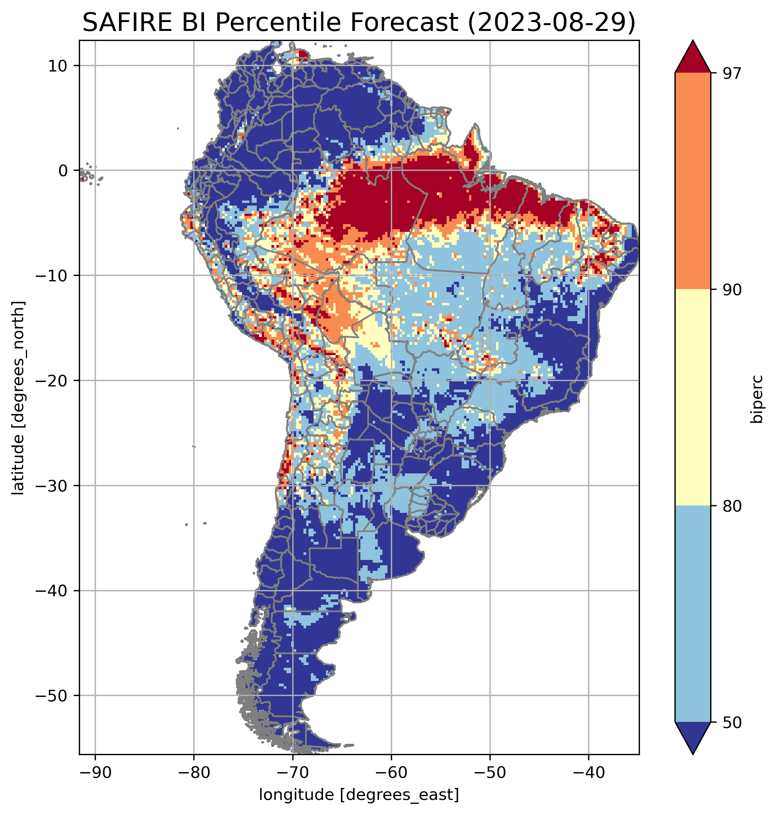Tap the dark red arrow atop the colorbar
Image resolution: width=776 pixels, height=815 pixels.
tap(692, 58)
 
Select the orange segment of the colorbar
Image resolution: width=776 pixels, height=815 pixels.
tap(692, 181)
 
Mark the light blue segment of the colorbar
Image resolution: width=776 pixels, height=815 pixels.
tap(692, 614)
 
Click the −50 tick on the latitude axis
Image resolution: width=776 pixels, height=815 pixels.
tap(52, 696)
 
